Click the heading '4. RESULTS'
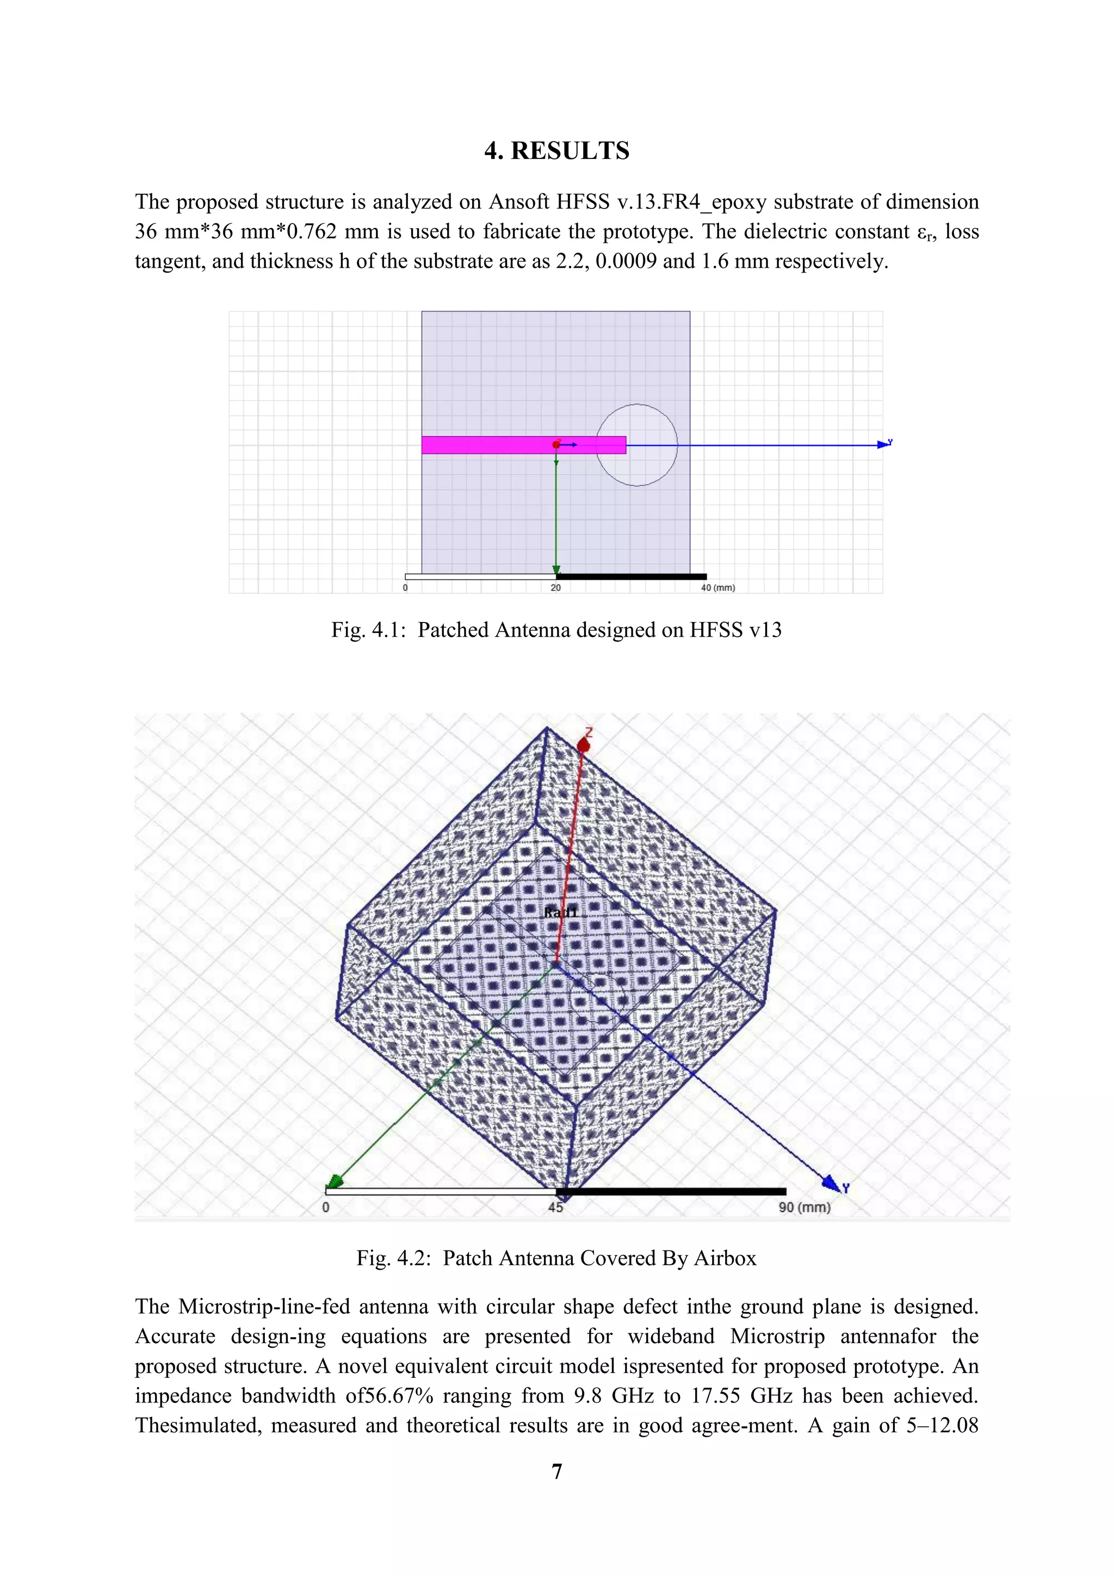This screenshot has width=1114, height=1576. point(556,151)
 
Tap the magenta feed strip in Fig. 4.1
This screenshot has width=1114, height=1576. point(487,445)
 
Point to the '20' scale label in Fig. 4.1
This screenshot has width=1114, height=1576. point(555,588)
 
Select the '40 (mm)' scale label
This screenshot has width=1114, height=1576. point(717,588)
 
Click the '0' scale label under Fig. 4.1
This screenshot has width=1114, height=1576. point(405,588)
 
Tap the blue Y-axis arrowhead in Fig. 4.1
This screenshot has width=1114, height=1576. point(883,445)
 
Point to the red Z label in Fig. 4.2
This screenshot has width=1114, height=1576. point(589,733)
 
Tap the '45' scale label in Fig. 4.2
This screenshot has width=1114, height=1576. point(555,1208)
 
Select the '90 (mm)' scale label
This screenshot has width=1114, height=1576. point(804,1208)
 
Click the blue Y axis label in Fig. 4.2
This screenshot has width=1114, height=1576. point(846,1188)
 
